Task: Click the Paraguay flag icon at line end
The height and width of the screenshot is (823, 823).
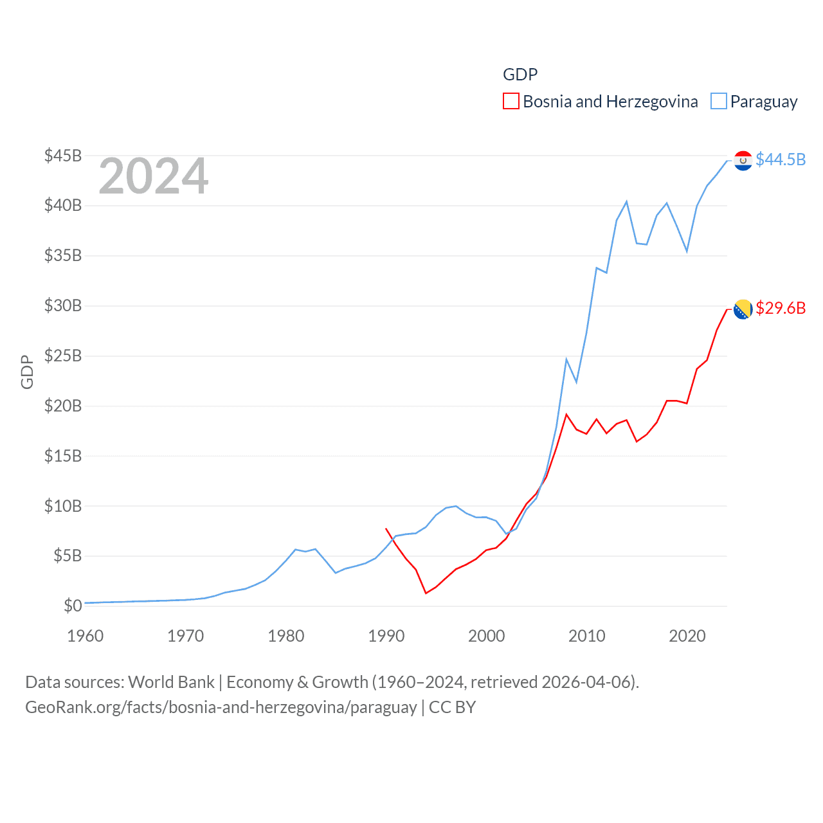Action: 743,160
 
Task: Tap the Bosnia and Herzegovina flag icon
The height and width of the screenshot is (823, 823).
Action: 743,309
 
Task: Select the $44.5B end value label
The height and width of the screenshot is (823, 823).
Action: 781,159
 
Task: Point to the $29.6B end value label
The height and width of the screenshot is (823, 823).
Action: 781,308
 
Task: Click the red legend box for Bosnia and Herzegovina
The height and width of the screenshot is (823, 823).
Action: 511,102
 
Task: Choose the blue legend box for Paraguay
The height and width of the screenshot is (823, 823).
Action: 718,102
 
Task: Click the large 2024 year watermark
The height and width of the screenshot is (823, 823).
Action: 153,176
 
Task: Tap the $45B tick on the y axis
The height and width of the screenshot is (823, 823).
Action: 63,156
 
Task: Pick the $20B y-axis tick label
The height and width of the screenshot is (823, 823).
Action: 63,406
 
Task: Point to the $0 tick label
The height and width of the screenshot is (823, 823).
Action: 73,606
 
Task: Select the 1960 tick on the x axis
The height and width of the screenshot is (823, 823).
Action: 85,636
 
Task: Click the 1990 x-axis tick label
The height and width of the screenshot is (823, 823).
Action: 386,636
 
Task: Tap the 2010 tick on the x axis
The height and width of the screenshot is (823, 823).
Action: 586,636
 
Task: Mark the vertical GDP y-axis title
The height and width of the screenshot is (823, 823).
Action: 27,372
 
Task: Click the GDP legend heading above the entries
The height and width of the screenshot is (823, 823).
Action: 520,75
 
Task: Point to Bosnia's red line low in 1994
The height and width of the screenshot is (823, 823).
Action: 426,593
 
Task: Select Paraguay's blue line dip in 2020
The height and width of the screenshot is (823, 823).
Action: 687,251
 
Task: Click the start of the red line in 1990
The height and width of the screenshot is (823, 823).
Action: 386,529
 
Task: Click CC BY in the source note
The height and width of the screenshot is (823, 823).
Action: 452,707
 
